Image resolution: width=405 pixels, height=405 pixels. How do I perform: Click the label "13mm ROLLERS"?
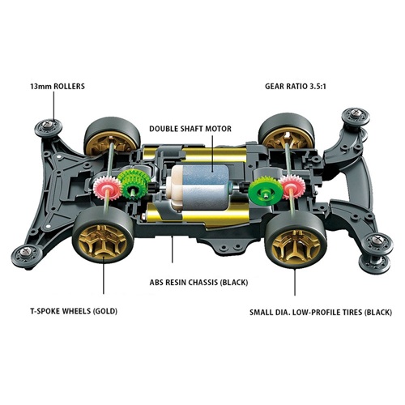pos(58,87)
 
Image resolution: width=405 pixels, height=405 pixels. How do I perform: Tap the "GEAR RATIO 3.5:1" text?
pos(296,87)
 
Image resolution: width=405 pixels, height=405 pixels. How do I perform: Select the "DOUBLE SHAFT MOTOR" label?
pos(190,129)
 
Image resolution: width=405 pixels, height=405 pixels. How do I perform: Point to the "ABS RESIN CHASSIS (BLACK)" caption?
pos(198,283)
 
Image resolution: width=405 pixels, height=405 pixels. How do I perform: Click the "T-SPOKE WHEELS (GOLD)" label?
pos(74,311)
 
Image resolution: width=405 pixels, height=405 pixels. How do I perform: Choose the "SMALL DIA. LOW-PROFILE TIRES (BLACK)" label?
pos(321,313)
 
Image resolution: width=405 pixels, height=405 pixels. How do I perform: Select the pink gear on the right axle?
pos(292,186)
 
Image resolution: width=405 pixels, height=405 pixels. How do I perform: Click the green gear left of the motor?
pos(134,185)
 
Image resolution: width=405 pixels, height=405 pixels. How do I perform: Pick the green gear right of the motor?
pos(265,191)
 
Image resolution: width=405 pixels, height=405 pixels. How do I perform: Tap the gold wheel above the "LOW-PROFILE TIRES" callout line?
pos(296,245)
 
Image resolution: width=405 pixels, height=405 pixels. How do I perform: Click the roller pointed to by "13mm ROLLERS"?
pos(49,127)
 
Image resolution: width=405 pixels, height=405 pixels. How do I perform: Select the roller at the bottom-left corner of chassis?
pos(26,254)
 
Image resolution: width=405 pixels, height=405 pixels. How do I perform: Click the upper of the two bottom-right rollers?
pos(377,243)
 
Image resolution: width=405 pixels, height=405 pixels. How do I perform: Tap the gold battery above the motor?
pos(194,155)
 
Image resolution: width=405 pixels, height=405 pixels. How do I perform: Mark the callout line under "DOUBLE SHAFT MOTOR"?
pos(212,153)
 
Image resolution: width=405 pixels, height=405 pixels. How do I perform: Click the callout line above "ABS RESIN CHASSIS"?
pos(173,249)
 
